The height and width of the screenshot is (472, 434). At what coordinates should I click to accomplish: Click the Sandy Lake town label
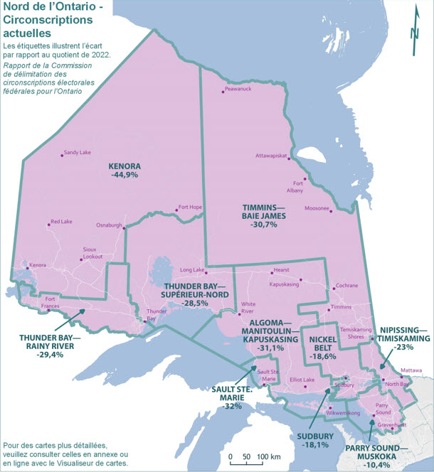77,153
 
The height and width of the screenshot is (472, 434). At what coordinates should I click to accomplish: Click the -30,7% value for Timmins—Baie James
264,225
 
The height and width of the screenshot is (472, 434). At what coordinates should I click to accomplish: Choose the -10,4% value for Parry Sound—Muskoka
372,458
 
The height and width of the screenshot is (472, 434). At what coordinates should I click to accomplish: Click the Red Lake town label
60,222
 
